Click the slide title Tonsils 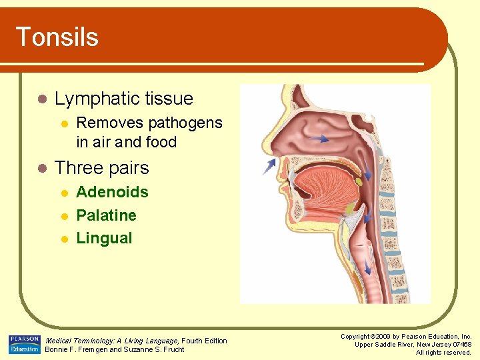tap(57, 37)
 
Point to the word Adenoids tap(112, 193)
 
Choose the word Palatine tap(106, 215)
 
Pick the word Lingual tap(104, 238)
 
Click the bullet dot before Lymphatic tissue tap(42, 99)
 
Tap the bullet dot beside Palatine tap(64, 215)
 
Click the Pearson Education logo tap(24, 345)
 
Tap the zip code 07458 tap(461, 345)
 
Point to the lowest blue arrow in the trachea tap(368, 269)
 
